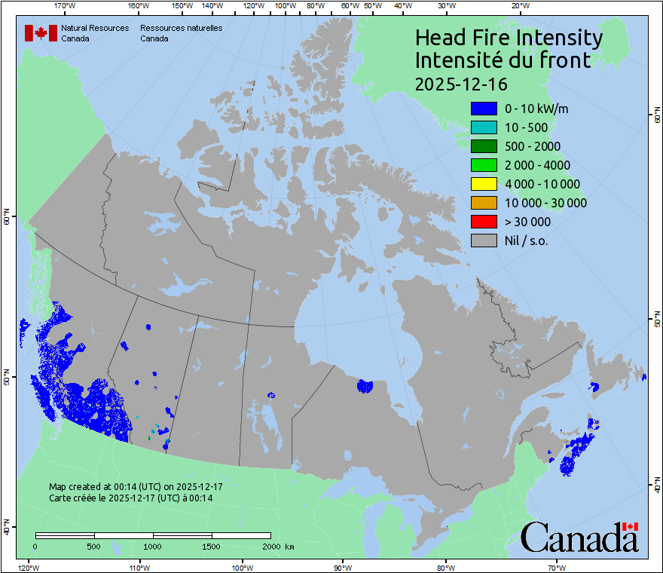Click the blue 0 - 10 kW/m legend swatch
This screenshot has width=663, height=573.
pos(483,109)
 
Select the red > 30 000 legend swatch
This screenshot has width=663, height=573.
pos(483,222)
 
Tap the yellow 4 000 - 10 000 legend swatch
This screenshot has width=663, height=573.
pos(483,184)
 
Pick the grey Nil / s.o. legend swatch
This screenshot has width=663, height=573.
pos(483,241)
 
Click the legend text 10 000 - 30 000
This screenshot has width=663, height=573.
pos(545,203)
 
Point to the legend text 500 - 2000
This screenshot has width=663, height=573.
pos(532,146)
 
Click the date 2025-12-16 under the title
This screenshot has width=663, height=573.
pos(461,83)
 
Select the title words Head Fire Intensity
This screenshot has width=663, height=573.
pos(509,38)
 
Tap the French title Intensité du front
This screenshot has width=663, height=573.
pos(503,60)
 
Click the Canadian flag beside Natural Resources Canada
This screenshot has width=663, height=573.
pos(40,33)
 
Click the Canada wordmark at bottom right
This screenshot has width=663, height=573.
pos(579,538)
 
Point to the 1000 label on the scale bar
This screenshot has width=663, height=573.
pos(153,546)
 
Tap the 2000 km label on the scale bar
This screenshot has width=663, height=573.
pos(278,546)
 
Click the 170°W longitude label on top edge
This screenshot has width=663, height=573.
pos(66,6)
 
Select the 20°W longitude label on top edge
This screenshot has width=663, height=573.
pos(518,6)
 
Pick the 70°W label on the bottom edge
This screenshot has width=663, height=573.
pos(557,567)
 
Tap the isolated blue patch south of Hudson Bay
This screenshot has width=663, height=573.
pos(365,386)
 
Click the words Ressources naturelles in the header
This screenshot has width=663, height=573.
pos(181,28)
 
